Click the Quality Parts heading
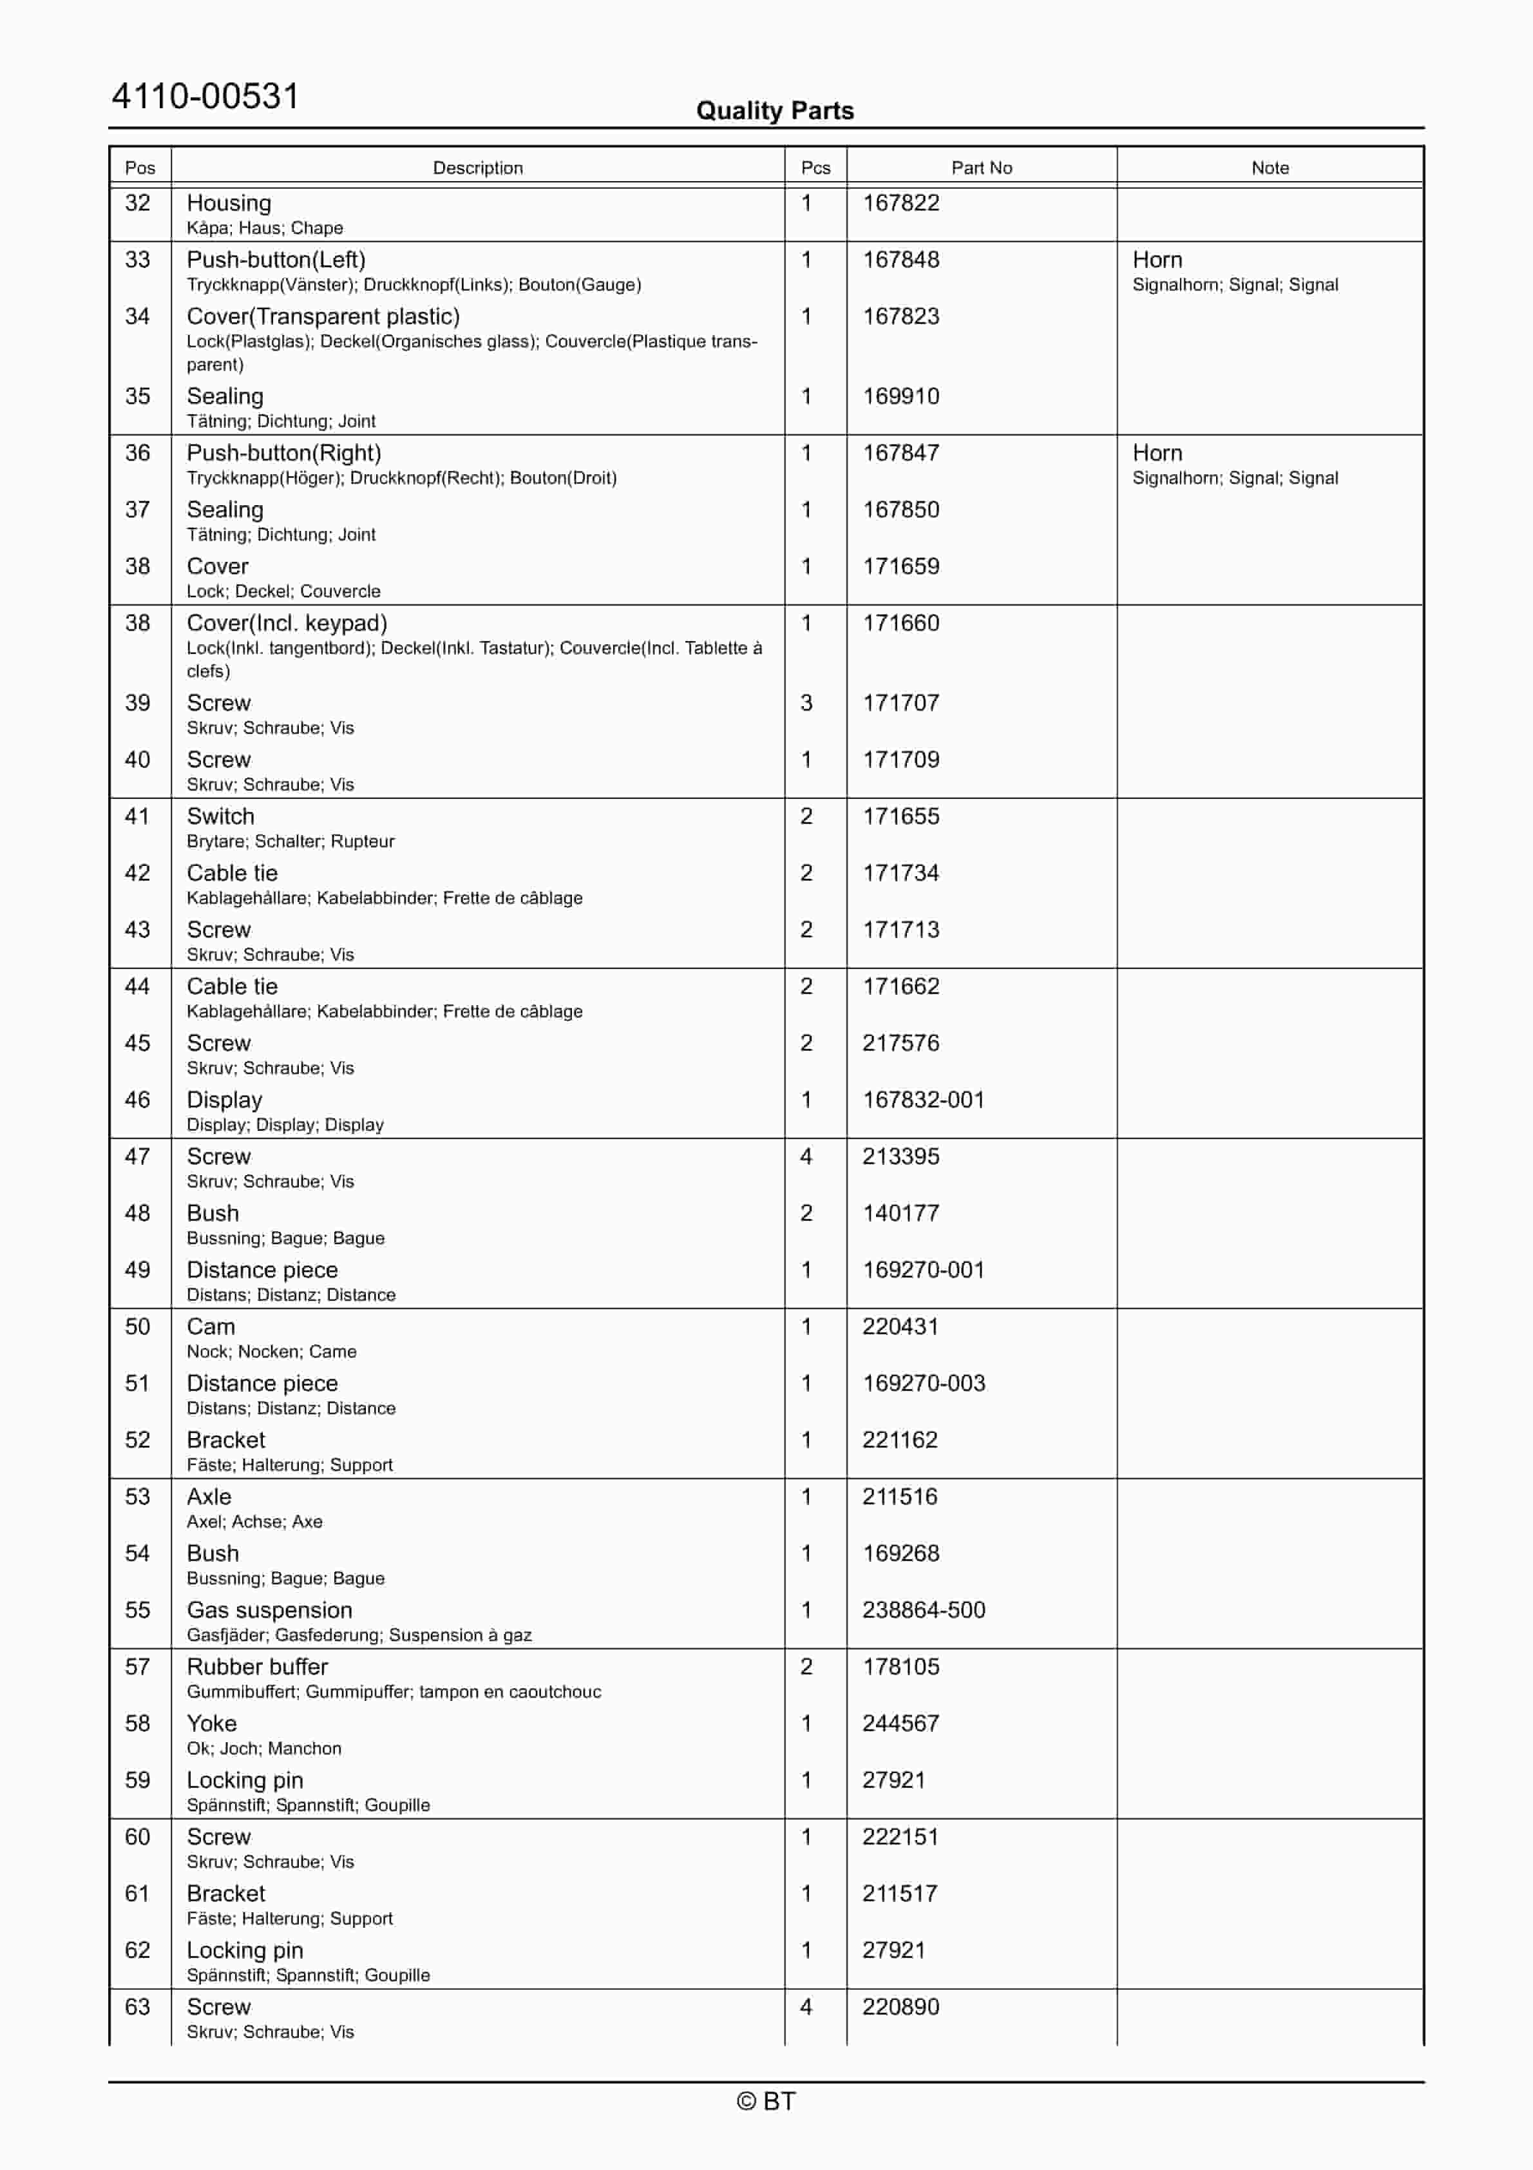pos(774,111)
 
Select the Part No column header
pos(981,168)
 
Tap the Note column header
pos(1270,168)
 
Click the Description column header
pos(477,168)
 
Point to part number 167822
pos(900,203)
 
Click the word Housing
pos(229,203)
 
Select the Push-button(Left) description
pos(276,260)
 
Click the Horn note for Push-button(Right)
pos(1157,453)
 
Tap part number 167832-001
pos(924,1099)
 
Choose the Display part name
pos(224,1099)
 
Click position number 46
pos(138,1099)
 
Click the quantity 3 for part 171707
pos(806,703)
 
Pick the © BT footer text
pos(766,2101)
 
